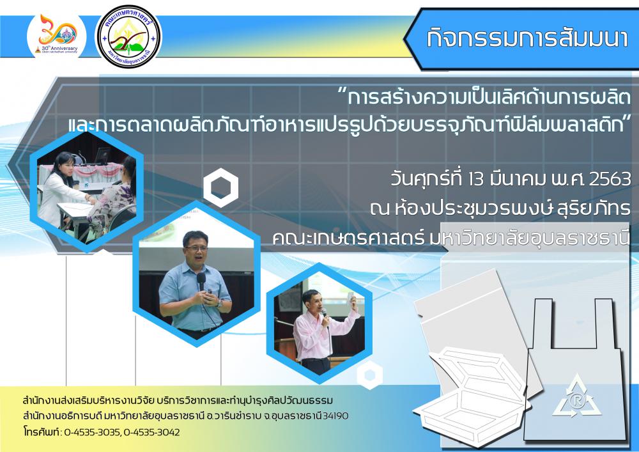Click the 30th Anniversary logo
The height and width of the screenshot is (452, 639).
coord(57,36)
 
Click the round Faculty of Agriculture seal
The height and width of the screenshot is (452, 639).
coord(128,36)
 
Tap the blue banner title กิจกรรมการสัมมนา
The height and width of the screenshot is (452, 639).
coord(527,38)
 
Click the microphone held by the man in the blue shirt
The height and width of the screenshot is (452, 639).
coord(201,281)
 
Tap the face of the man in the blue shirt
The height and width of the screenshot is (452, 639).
coord(196,249)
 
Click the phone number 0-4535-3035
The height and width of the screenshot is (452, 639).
coord(91,432)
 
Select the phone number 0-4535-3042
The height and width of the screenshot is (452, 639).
coord(151,432)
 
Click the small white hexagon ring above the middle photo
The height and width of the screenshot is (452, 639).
coord(220,187)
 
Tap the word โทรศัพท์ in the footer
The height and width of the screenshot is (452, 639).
coord(42,432)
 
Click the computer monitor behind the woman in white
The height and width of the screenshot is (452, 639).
coord(102,155)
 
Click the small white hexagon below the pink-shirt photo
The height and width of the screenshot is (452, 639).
coord(369,375)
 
